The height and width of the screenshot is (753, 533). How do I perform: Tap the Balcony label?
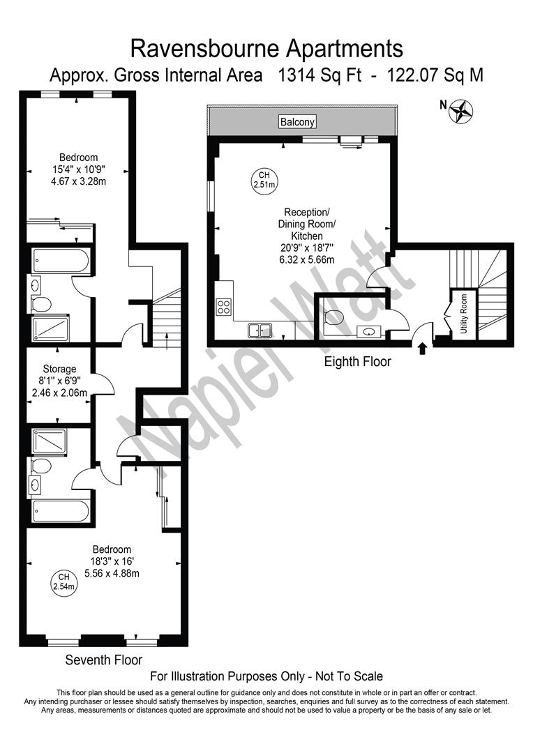tap(298, 122)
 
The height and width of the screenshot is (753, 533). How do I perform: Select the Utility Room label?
tap(463, 313)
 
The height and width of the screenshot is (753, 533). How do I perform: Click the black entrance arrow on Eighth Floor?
tap(421, 347)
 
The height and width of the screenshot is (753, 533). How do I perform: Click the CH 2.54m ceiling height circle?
tap(63, 581)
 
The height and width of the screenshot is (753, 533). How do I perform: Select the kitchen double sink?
tap(260, 330)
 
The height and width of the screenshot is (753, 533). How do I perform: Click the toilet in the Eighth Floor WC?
tap(335, 317)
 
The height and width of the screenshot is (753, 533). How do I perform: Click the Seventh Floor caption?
tap(104, 660)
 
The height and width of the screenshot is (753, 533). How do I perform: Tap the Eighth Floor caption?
tap(358, 362)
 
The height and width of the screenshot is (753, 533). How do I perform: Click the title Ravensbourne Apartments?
tap(267, 48)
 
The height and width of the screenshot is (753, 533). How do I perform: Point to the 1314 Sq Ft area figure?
tap(320, 75)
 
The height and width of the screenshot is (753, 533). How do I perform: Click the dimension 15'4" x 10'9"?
tap(78, 169)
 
